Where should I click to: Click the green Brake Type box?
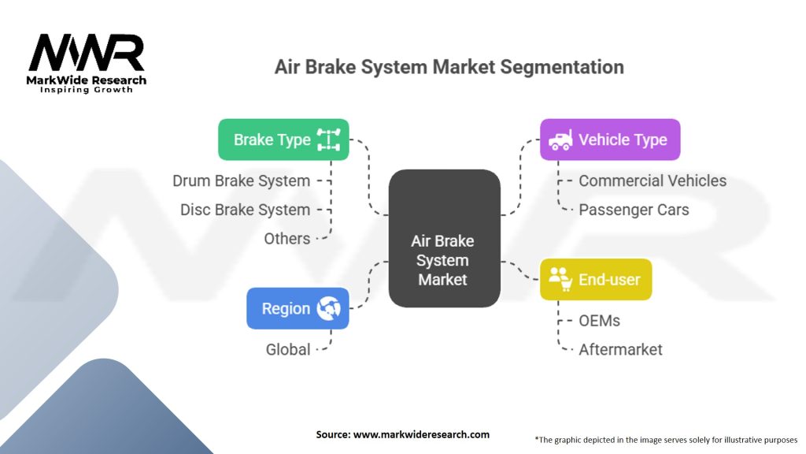click(x=283, y=140)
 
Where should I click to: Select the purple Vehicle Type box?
click(x=610, y=140)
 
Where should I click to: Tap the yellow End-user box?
click(x=596, y=279)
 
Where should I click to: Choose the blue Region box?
click(x=297, y=308)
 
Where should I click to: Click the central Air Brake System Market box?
click(x=444, y=239)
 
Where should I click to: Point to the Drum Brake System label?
click(x=241, y=181)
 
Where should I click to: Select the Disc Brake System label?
click(x=245, y=210)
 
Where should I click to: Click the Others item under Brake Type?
click(x=287, y=238)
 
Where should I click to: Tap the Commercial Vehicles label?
click(x=653, y=181)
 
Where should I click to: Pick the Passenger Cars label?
click(x=634, y=210)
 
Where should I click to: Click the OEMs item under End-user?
click(x=599, y=321)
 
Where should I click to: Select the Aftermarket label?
click(x=620, y=349)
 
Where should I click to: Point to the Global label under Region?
click(x=287, y=349)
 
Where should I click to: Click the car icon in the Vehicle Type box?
click(x=560, y=140)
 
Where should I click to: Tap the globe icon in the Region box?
click(x=328, y=308)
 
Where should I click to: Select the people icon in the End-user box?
click(x=560, y=278)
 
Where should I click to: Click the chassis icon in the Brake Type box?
click(x=328, y=140)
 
